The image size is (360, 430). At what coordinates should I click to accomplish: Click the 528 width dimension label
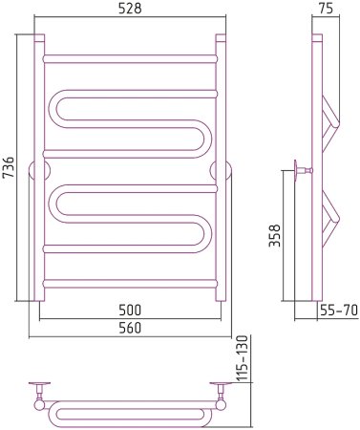pos(130,9)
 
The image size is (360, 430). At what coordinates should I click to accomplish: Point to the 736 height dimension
pos(9,167)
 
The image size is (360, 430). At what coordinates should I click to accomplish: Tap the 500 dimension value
pos(130,310)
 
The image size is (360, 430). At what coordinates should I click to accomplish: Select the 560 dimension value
pos(130,328)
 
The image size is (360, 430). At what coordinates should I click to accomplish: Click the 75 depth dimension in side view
pos(326,9)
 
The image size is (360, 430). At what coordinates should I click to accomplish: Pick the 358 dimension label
pos(275,235)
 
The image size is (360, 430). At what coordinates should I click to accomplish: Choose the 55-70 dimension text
pos(339,310)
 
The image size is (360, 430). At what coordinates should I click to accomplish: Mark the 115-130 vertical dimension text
pos(243,358)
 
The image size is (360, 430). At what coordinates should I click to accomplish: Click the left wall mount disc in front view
pos(39,171)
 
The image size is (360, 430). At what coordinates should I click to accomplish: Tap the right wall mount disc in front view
pos(221,171)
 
